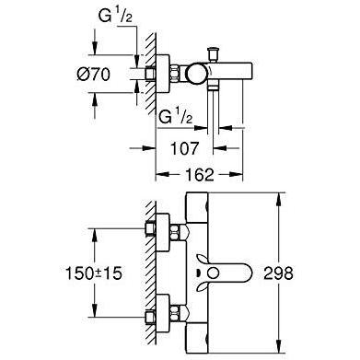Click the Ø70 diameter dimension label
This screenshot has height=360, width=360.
(x=93, y=75)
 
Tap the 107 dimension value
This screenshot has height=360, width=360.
(x=184, y=149)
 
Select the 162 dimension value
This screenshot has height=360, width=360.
(x=200, y=175)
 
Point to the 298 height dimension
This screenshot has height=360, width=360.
(x=278, y=273)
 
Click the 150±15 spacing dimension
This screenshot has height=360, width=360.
(x=94, y=273)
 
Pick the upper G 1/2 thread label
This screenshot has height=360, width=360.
(x=115, y=16)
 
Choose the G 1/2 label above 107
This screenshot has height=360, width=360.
(x=176, y=117)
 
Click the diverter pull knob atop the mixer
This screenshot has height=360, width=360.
(x=213, y=54)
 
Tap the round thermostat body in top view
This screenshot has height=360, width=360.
(x=197, y=74)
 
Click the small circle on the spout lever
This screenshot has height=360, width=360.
(x=212, y=273)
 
